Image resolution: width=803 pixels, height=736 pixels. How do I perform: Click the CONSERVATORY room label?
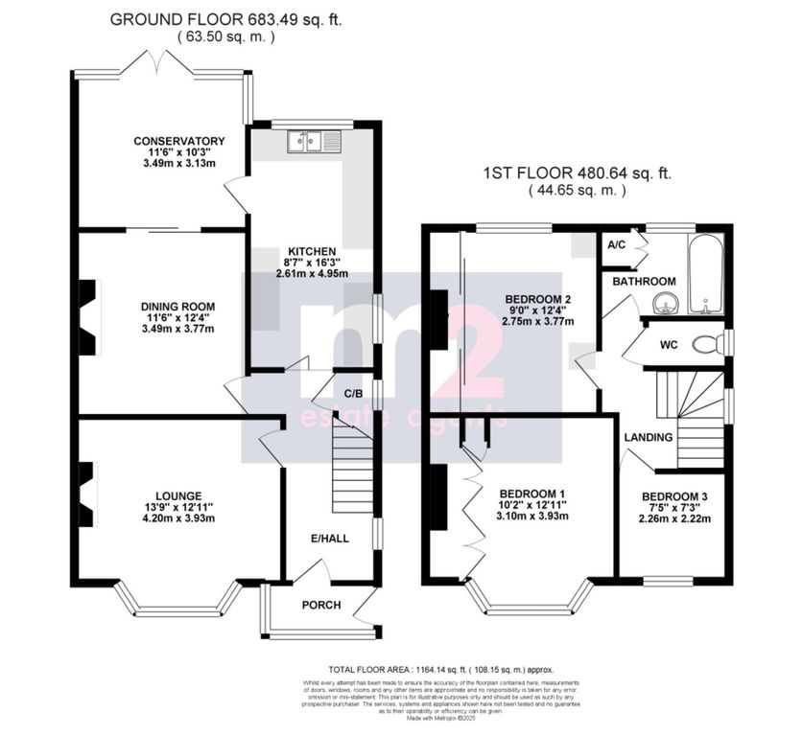click(178, 142)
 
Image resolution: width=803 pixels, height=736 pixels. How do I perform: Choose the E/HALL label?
click(329, 539)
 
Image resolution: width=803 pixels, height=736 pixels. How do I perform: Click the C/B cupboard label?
click(351, 392)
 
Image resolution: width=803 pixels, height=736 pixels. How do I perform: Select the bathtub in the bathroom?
click(705, 275)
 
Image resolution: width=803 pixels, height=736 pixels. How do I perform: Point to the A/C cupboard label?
click(617, 244)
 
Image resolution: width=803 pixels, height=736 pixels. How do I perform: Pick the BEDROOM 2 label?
click(538, 299)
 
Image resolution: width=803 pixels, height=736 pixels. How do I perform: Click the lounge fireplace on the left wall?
click(86, 494)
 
